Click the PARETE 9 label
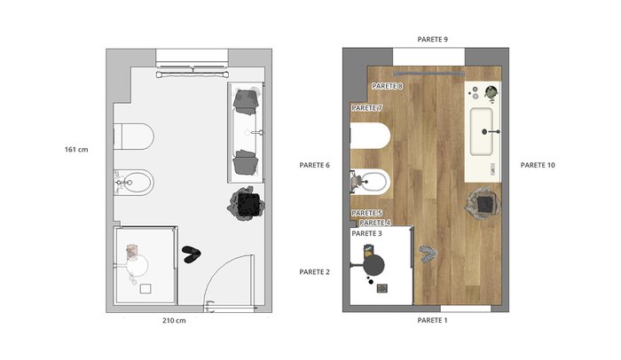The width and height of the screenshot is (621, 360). pos(433,39)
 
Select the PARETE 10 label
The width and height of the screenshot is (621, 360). pos(538,165)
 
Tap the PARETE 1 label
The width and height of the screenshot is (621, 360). pos(433,320)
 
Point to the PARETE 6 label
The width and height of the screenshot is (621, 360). pos(314,165)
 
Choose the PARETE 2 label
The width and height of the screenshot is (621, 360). pos(314,272)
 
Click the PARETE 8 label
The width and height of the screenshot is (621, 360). pos(388,86)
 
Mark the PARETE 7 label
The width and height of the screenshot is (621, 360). pos(366,107)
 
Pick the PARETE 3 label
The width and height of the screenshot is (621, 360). pos(366,234)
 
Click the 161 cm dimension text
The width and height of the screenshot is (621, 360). pos(76,150)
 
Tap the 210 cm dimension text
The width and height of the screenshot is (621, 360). pos(174,320)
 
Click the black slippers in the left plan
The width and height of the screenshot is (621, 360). pos(192,254)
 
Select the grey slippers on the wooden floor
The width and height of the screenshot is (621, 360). pos(427,254)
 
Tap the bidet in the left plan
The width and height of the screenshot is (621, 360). pos(133,183)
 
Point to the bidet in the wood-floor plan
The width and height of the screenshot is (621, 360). pos(371,183)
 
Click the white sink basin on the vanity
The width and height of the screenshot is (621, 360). pos(482,131)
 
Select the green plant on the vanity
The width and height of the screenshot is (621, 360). pos(491,92)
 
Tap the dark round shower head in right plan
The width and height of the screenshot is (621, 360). pos(373,264)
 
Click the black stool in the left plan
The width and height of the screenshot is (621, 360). pos(248,204)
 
